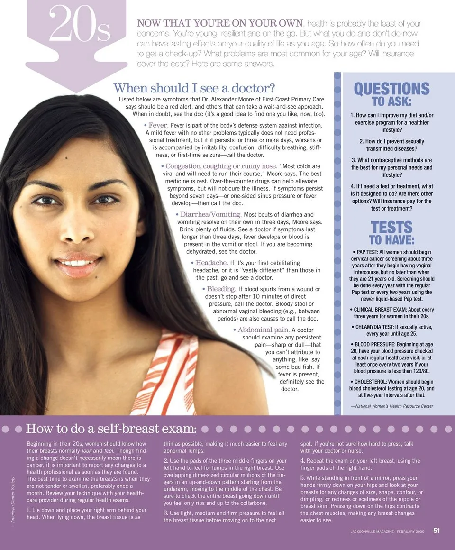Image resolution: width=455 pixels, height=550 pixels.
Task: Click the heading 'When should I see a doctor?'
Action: [x=194, y=88]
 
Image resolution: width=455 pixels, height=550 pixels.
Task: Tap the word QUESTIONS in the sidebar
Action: [x=391, y=89]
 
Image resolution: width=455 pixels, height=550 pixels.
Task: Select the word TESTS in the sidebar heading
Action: [x=391, y=228]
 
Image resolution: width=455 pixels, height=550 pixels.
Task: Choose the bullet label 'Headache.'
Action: [x=212, y=262]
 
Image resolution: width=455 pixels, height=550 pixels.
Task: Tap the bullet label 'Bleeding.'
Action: [x=221, y=289]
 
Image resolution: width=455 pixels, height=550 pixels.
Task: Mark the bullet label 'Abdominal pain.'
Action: [x=263, y=330]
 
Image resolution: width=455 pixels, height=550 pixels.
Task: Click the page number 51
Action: [x=437, y=531]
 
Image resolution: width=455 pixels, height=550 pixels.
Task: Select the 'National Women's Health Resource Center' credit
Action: [x=392, y=406]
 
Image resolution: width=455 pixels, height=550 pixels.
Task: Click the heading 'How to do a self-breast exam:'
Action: [x=111, y=429]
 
